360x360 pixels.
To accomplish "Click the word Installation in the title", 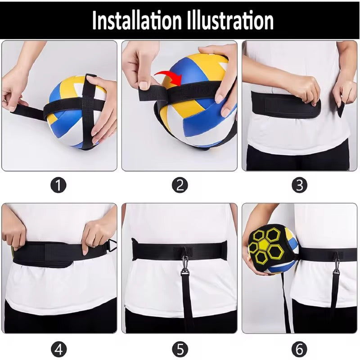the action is pyautogui.click(x=137, y=20).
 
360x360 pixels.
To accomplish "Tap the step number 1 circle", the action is pyautogui.click(x=58, y=185).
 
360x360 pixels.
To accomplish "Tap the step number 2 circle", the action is pyautogui.click(x=180, y=185).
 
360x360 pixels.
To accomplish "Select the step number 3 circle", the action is pyautogui.click(x=300, y=185).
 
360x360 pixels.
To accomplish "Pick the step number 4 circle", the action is pyautogui.click(x=58, y=350).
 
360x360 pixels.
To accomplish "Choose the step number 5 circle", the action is pyautogui.click(x=180, y=350).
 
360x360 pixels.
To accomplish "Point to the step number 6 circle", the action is pyautogui.click(x=300, y=350).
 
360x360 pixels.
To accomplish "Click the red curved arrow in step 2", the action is pyautogui.click(x=169, y=76).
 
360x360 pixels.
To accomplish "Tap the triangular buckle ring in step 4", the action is pyautogui.click(x=112, y=245).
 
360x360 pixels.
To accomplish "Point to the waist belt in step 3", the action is pyautogui.click(x=286, y=104).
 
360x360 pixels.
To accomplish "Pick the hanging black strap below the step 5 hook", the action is pyautogui.click(x=187, y=303).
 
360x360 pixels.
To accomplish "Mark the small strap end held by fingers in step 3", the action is pyautogui.click(x=341, y=109).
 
